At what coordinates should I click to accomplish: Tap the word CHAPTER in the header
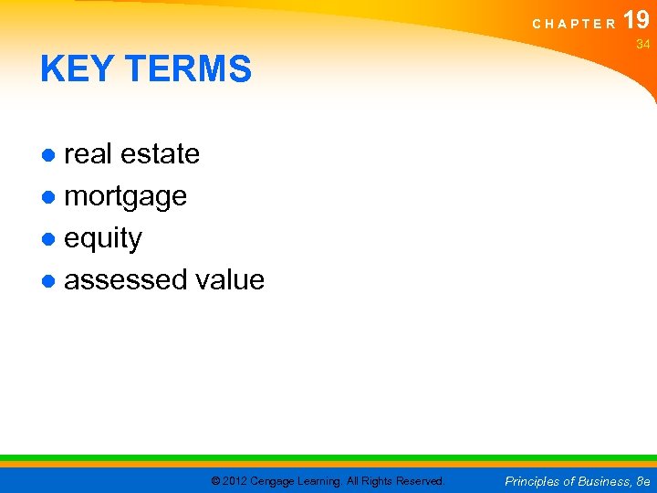coord(574,24)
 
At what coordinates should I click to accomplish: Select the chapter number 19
coord(636,19)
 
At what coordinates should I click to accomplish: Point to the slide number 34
coord(642,44)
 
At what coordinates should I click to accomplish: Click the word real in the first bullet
coord(88,154)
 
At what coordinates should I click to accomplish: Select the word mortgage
coord(125,196)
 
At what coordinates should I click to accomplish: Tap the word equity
coord(103,238)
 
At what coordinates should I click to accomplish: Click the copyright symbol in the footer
coord(215,481)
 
